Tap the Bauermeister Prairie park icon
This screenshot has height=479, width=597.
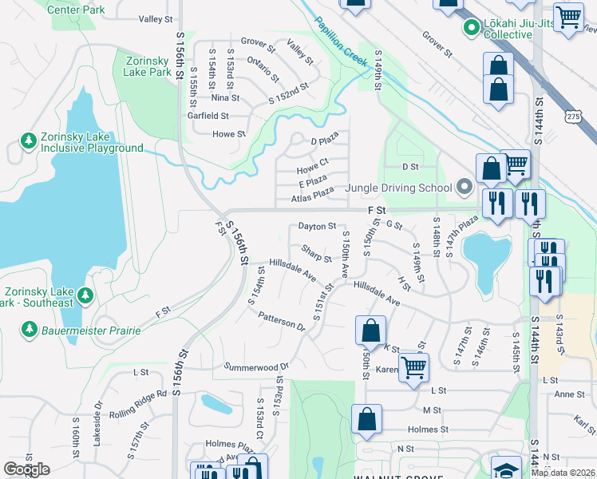(30, 330)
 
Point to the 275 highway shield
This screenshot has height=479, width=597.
(579, 116)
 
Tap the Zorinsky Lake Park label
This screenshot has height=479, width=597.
(148, 65)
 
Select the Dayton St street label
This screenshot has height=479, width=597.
(317, 227)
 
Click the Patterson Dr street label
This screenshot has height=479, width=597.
(282, 321)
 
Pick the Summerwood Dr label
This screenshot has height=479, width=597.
(255, 366)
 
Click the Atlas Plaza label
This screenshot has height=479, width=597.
(312, 194)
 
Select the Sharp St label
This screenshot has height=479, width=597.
(316, 252)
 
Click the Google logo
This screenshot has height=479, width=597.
(26, 469)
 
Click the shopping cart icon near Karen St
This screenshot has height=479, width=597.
(413, 367)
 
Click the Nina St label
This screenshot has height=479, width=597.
(225, 98)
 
